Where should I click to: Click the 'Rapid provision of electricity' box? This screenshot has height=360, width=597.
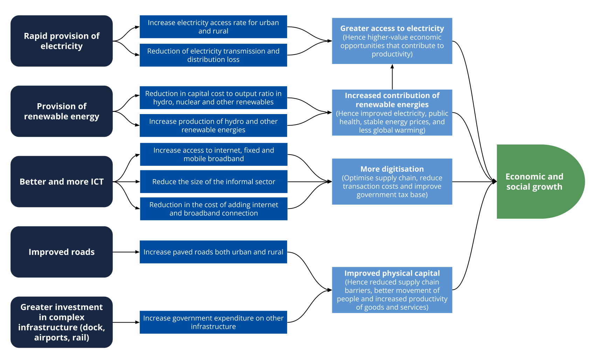[x=61, y=41]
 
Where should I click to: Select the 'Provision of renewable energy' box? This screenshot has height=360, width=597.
[x=61, y=111]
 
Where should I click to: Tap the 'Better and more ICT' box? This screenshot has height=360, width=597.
[x=61, y=182]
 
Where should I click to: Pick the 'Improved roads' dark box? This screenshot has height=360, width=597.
[x=61, y=252]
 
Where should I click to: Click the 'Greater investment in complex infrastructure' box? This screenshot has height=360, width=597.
[x=61, y=322]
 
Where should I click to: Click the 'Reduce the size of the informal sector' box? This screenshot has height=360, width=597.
[x=214, y=182]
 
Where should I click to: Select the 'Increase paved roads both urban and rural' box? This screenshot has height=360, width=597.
[x=213, y=252]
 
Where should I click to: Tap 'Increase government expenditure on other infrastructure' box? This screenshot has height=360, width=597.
[x=213, y=322]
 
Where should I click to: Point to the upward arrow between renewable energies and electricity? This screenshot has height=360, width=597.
[x=392, y=77]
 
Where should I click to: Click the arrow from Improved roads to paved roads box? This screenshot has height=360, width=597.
[x=126, y=252]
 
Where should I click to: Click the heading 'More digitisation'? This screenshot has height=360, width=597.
[x=392, y=169]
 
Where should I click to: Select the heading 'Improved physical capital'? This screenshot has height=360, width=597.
[x=392, y=273]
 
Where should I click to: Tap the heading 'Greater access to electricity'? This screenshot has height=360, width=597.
[x=392, y=28]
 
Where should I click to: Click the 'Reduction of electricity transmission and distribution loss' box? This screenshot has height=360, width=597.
[x=213, y=55]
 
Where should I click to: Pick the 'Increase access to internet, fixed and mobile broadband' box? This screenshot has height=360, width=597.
[x=214, y=154]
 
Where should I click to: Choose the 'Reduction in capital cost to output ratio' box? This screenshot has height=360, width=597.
[x=213, y=98]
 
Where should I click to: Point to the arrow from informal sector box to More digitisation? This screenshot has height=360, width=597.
[x=308, y=182]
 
